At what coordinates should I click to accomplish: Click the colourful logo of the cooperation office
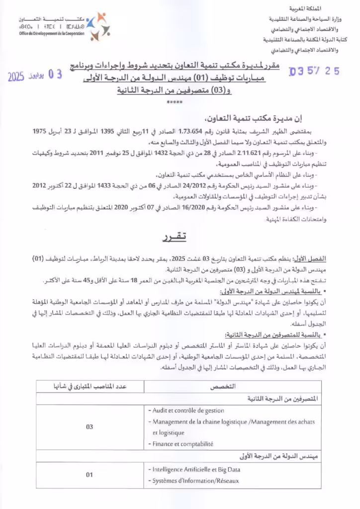tap(96, 26)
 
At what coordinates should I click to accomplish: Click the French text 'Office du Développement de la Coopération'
tap(51, 33)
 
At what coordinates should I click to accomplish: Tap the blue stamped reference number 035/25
tap(314, 71)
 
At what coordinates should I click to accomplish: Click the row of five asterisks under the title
tap(175, 102)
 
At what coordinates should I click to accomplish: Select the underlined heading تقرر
tap(177, 238)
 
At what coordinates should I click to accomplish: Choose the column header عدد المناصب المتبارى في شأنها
tap(90, 386)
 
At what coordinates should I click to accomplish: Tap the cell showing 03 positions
tap(90, 426)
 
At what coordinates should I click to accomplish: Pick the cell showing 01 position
tap(90, 475)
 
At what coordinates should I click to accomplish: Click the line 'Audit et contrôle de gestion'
tap(186, 411)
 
